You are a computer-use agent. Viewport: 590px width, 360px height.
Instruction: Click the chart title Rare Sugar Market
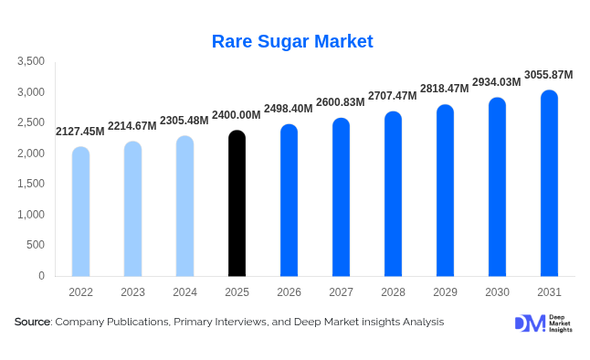(292, 41)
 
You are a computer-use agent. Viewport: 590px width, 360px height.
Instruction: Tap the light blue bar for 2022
(81, 212)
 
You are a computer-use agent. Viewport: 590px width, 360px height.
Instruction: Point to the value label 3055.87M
(549, 74)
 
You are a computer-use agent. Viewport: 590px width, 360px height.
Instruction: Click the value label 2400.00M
(237, 115)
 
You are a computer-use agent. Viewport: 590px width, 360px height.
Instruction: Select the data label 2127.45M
(80, 132)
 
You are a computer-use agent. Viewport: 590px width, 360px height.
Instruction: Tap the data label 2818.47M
(445, 89)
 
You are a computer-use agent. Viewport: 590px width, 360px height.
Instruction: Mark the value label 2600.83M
(341, 102)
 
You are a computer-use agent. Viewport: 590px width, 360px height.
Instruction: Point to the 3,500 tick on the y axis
(31, 61)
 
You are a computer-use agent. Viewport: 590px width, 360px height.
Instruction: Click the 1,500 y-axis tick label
(31, 184)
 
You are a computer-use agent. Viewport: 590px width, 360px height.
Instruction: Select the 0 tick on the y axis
(41, 275)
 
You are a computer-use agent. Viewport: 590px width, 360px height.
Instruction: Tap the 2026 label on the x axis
(289, 291)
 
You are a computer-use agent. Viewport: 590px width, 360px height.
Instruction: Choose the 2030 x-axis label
(497, 291)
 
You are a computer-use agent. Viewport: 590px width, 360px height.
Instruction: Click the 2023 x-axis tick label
(132, 291)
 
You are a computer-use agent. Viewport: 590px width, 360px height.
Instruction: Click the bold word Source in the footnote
(33, 322)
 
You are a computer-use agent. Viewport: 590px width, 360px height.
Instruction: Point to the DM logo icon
(530, 323)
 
